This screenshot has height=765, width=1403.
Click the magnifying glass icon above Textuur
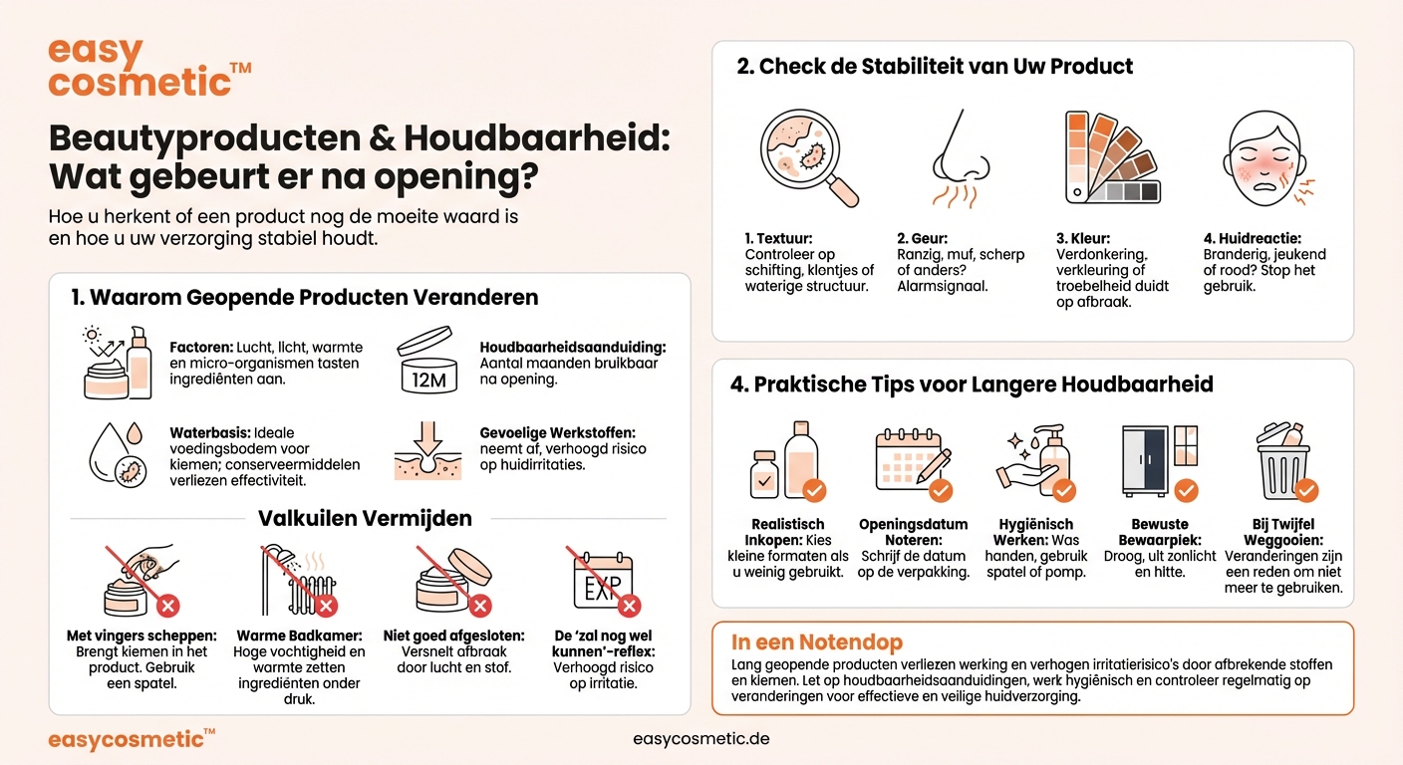(x=807, y=156)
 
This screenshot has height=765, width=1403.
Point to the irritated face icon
(x=1263, y=156)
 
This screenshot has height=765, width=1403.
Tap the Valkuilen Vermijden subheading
(x=366, y=518)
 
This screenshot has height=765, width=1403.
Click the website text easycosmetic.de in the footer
(x=701, y=739)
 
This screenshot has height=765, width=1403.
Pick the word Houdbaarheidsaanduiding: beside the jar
(x=573, y=347)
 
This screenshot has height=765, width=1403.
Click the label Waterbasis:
(x=210, y=433)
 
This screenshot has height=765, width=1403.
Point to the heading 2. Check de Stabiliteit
(x=935, y=67)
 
